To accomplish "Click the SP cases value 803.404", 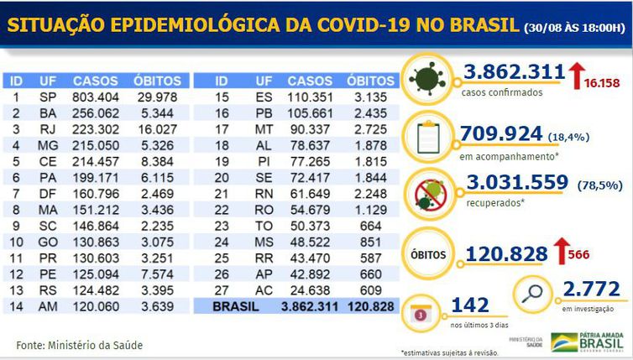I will click(x=89, y=97).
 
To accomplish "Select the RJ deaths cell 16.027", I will click(x=157, y=128).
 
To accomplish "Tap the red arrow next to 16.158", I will click(x=578, y=75).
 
